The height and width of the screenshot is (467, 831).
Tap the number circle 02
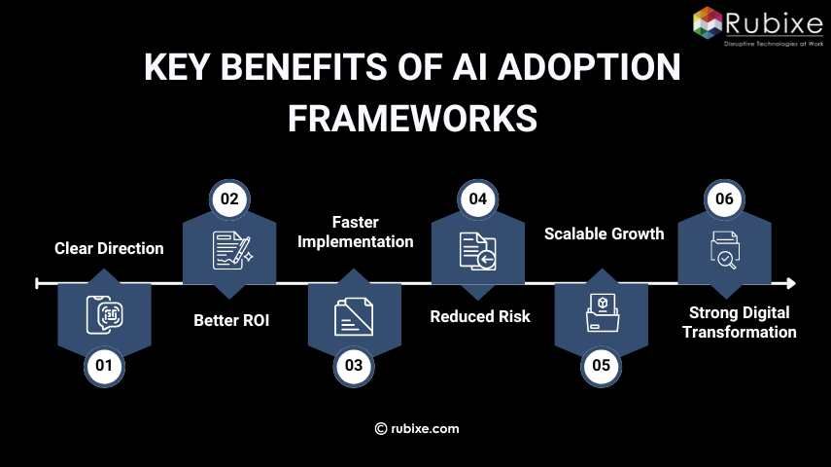pyautogui.click(x=230, y=198)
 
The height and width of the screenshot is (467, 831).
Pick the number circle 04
pyautogui.click(x=477, y=198)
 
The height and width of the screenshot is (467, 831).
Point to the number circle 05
pyautogui.click(x=601, y=366)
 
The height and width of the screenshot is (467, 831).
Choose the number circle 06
pyautogui.click(x=724, y=198)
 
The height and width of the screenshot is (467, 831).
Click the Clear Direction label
pyautogui.click(x=108, y=248)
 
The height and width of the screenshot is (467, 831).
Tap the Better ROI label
pyautogui.click(x=230, y=318)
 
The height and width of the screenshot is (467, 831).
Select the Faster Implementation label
pyautogui.click(x=355, y=233)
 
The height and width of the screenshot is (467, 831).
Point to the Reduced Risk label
pyautogui.click(x=480, y=316)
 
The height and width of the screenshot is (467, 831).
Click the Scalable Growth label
pyautogui.click(x=604, y=233)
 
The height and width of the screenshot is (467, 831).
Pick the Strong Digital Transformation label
pyautogui.click(x=739, y=322)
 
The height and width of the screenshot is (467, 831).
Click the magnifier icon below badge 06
pyautogui.click(x=725, y=250)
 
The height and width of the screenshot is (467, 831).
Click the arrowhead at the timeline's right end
pyautogui.click(x=790, y=283)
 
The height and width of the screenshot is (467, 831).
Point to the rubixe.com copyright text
pyautogui.click(x=417, y=428)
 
